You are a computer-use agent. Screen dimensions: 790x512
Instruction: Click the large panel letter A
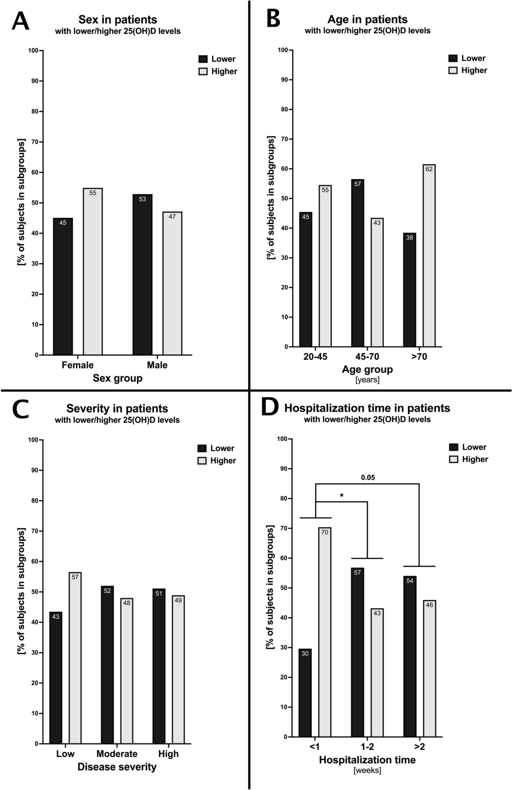20,22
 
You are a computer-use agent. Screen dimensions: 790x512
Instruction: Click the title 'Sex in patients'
117,20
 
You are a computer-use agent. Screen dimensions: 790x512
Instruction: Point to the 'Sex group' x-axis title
117,378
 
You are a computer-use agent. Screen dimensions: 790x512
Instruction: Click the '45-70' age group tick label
367,357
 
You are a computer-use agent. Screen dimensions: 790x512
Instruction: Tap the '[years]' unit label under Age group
367,380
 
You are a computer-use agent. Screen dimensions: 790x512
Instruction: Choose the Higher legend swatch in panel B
453,70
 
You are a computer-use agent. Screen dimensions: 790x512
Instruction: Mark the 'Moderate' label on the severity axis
117,754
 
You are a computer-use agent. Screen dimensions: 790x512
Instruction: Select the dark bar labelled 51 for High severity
159,666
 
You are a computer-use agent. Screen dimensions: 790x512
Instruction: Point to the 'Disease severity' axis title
117,767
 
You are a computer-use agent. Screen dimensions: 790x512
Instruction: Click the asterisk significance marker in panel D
341,496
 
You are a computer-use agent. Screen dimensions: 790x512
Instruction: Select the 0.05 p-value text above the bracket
368,477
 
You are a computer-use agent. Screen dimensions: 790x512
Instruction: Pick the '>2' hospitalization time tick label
420,747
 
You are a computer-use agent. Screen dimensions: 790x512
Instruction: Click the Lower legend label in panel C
222,448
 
